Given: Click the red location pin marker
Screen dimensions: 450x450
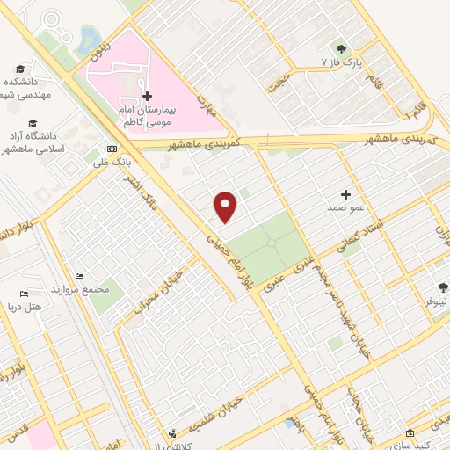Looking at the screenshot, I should click(227, 207).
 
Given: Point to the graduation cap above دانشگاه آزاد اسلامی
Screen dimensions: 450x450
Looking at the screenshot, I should click(33, 123).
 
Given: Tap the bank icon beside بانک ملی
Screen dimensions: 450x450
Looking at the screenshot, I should click(112, 149).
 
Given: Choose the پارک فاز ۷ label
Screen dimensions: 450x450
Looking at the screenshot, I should click(341, 63).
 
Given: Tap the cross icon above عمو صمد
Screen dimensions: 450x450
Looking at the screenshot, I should click(345, 193).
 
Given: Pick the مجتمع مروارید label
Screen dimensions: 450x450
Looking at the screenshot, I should click(79, 289).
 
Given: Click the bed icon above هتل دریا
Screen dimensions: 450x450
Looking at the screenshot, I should click(24, 294).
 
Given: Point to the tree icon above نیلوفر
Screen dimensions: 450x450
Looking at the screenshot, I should click(444, 286).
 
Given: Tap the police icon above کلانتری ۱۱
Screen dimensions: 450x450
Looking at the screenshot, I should click(173, 432).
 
